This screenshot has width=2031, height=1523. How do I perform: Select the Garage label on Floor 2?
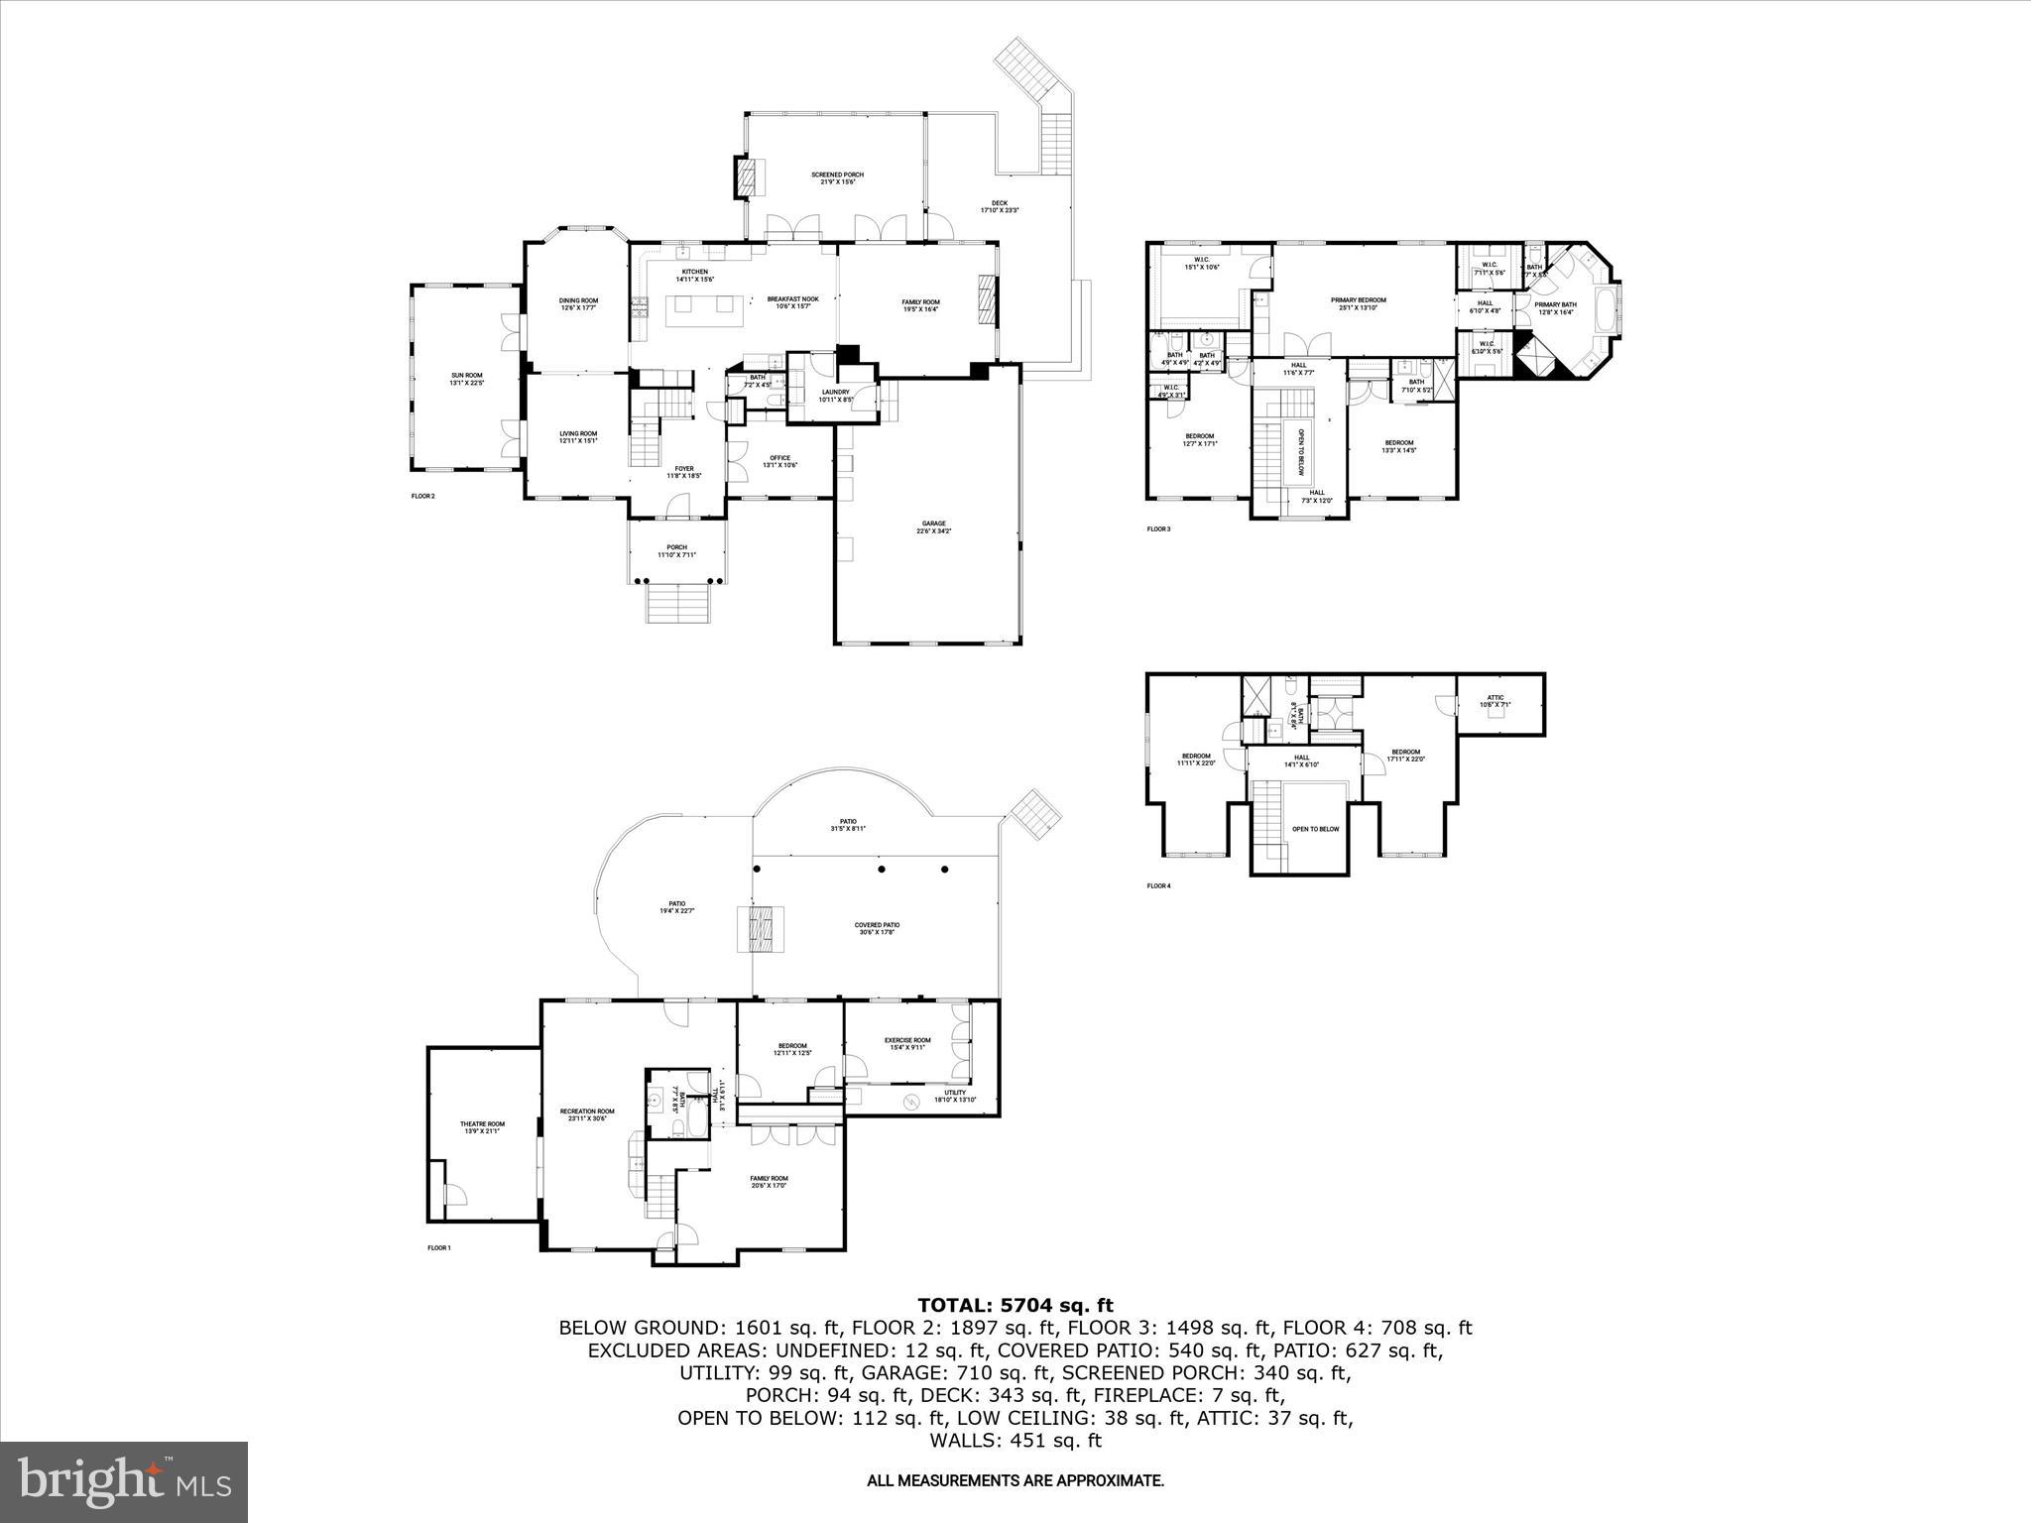(933, 527)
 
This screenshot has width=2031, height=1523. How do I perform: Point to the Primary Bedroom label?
(1358, 303)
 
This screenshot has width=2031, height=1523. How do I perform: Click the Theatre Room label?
(482, 1127)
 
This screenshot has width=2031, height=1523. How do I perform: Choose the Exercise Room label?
(907, 1044)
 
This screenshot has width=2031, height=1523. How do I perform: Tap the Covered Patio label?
(877, 929)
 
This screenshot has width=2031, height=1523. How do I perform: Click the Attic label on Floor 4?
(1495, 701)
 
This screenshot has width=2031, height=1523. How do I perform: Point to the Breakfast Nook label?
(792, 302)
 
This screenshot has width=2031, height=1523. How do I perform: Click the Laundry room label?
(834, 396)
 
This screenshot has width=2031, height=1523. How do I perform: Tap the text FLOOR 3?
(1158, 529)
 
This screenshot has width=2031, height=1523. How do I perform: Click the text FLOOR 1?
(439, 1248)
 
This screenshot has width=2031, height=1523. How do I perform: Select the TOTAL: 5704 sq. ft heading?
(1015, 1305)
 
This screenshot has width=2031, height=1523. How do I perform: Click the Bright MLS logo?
(125, 1481)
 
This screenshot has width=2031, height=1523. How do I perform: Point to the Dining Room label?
(578, 303)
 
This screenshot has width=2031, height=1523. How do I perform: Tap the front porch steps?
(678, 602)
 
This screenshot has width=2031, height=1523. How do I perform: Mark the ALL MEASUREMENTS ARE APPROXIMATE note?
(1015, 1481)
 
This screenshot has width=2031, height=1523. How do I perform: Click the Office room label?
(779, 461)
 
